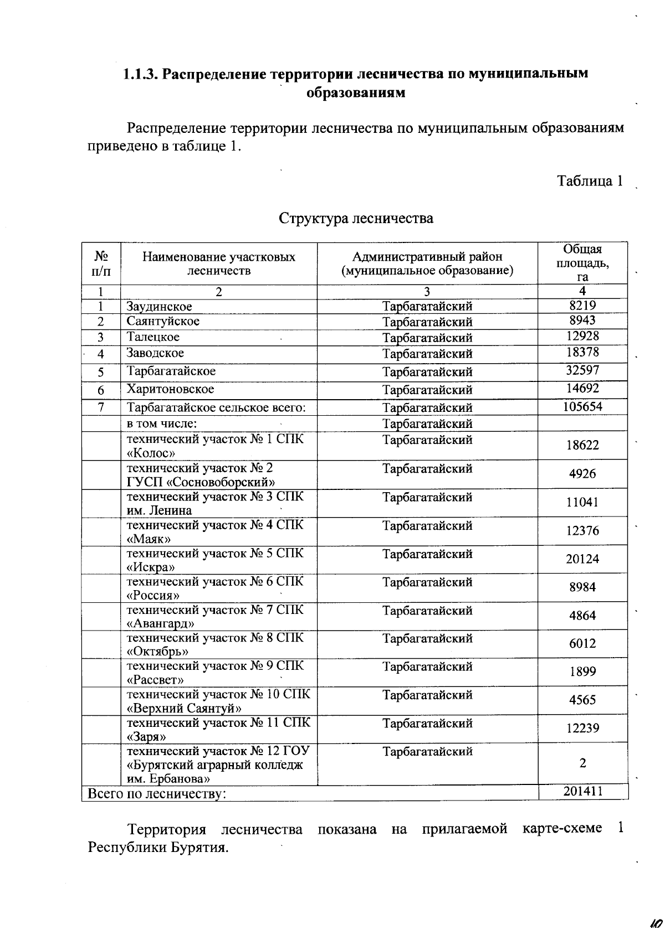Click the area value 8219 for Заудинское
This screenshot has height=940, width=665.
tap(582, 305)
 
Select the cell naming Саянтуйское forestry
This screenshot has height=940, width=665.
tap(163, 321)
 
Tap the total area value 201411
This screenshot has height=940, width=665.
tap(582, 791)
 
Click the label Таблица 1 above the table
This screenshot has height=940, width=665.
tap(590, 181)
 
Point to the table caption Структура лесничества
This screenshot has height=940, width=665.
tap(356, 218)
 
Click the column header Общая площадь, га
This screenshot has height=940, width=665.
tap(582, 263)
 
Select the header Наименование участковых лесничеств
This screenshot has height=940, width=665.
tap(219, 264)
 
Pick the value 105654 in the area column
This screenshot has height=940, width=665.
tap(582, 406)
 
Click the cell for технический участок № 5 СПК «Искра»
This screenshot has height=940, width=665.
tap(215, 560)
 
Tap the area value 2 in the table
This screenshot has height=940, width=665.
tap(582, 763)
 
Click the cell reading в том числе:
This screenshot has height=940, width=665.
tap(162, 424)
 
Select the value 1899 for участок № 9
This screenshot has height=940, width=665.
tap(582, 672)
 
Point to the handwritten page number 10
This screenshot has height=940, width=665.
tap(656, 923)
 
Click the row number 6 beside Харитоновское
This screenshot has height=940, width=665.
tap(101, 390)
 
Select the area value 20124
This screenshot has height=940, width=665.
tap(582, 559)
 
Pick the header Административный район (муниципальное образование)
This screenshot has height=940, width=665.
tap(427, 264)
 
